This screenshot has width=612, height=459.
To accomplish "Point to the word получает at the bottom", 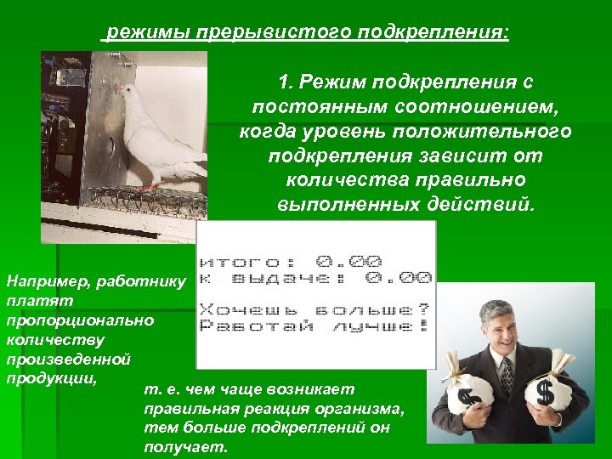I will (x=186, y=447).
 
